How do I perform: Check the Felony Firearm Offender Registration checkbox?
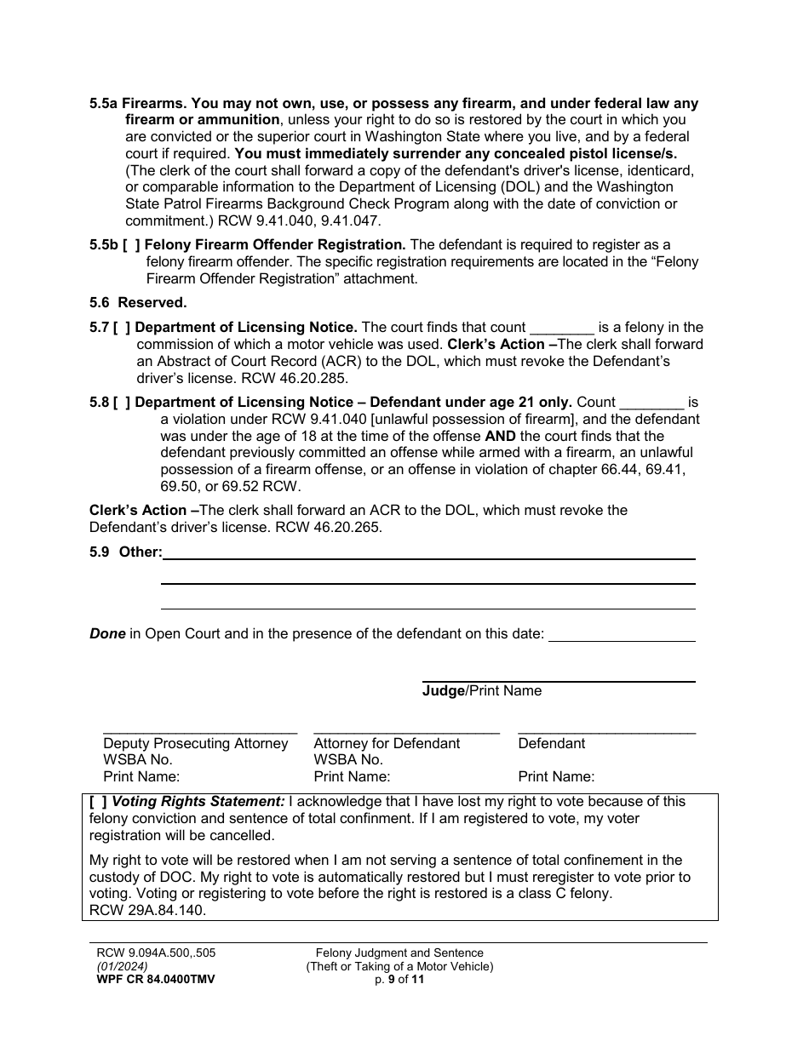click(129, 245)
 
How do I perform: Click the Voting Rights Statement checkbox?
click(98, 802)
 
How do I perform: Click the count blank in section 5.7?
click(562, 329)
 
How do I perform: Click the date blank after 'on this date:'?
click(622, 638)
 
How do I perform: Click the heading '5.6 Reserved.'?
click(138, 303)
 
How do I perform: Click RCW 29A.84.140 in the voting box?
click(147, 910)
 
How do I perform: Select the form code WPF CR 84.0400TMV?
click(155, 980)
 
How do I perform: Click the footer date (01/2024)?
click(122, 967)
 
